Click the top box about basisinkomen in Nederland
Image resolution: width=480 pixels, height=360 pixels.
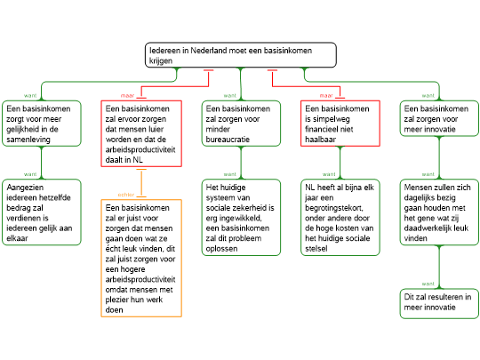(241, 55)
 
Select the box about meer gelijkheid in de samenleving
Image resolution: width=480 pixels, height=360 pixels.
(42, 124)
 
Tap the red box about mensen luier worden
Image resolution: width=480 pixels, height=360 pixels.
(141, 133)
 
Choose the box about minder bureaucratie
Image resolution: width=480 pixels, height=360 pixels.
(241, 124)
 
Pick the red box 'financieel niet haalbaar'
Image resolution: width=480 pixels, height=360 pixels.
(340, 124)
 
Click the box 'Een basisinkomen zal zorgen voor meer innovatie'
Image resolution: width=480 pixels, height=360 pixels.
(439, 118)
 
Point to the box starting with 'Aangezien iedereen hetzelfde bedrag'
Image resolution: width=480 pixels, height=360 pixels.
(42, 212)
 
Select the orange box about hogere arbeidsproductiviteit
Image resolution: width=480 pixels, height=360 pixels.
(141, 258)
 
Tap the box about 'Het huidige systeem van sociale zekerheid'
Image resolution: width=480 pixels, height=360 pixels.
(241, 218)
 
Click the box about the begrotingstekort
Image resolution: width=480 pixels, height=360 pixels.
(340, 218)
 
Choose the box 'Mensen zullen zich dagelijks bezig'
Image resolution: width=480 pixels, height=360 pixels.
(439, 212)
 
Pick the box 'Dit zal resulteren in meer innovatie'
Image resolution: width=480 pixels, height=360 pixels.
(439, 303)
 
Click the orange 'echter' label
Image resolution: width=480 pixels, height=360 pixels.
(126, 195)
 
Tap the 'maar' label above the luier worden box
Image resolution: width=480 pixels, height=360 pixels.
(127, 95)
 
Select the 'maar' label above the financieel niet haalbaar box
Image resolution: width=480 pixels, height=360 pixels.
(326, 95)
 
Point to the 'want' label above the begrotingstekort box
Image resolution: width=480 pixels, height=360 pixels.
(329, 174)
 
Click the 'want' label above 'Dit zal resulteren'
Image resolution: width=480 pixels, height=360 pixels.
(428, 284)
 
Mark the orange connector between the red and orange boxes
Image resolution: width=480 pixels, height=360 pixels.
(141, 183)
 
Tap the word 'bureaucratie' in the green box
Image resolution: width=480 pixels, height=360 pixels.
(228, 140)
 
